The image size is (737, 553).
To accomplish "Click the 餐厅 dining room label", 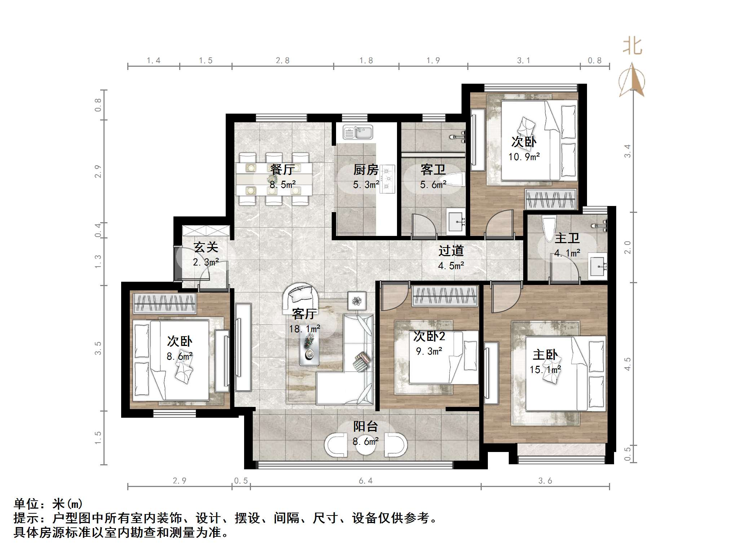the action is pos(283,170).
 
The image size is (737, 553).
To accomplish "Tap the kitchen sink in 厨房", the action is pos(358,132).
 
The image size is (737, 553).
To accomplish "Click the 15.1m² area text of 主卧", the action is pos(545,370).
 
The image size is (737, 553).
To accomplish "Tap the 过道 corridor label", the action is pos(451,251).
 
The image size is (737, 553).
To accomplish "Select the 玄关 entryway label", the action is pos(206,247).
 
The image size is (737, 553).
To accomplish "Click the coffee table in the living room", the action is pos(310,347).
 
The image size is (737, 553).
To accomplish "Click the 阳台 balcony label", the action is pos(365,426).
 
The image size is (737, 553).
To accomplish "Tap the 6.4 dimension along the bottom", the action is pos(366,481).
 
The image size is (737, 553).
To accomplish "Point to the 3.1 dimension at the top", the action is pos(524,61).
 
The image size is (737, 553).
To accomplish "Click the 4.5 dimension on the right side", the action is pos(628,364).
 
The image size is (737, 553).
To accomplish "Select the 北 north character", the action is pos(632,47).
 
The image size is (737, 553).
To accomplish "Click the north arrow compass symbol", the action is pos(632,80).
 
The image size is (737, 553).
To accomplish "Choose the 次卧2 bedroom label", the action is pos(429,336).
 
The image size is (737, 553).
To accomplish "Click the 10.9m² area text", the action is pos(524,157).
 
